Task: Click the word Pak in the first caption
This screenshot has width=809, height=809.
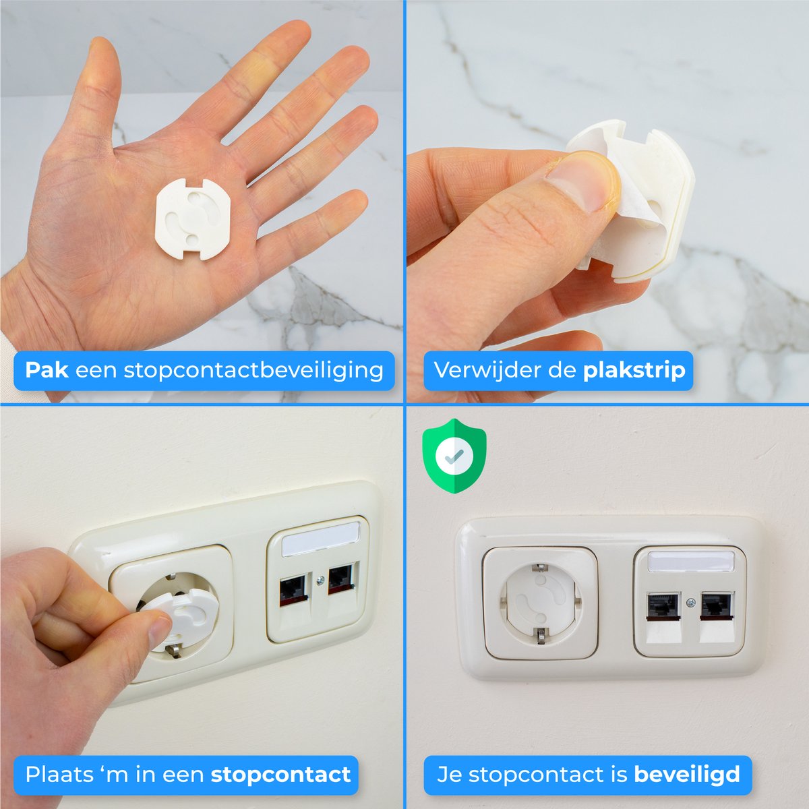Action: pos(46,370)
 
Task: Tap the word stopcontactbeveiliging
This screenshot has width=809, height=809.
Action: pos(253,370)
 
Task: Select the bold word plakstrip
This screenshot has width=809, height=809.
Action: pos(634,370)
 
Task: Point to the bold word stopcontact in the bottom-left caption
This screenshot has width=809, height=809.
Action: pos(280,775)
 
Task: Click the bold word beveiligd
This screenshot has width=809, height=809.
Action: pos(687,775)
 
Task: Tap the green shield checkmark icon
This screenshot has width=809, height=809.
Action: pos(454,456)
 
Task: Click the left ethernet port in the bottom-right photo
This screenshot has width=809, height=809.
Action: pos(661,605)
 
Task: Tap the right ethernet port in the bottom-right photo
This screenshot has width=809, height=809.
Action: pos(715,605)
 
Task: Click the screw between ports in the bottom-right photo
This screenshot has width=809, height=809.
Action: pos(688,602)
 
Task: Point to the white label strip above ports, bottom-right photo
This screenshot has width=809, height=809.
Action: pos(690,561)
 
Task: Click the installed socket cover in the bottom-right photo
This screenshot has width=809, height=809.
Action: pos(539,601)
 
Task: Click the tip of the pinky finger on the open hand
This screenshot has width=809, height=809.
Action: pos(355,200)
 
